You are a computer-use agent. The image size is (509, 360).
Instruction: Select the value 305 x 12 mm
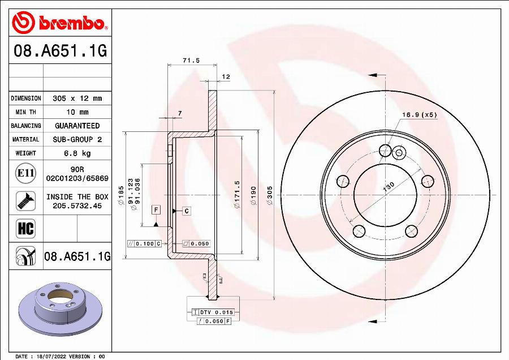[77, 98]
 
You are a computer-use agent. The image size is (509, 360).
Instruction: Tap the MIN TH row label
[26, 112]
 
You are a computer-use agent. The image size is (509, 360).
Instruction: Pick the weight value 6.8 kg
[77, 153]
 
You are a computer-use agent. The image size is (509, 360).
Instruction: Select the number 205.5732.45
[77, 206]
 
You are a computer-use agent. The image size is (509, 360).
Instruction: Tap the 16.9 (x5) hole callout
[419, 115]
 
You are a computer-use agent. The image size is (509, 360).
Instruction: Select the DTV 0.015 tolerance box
[213, 312]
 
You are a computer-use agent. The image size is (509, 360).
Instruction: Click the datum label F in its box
[155, 210]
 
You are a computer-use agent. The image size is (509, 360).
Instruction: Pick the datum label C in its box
[186, 211]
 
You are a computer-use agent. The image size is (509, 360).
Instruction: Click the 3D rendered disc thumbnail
[55, 308]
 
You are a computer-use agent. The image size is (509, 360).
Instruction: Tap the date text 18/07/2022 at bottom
[50, 357]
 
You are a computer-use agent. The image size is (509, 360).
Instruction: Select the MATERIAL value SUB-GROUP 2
[77, 139]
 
